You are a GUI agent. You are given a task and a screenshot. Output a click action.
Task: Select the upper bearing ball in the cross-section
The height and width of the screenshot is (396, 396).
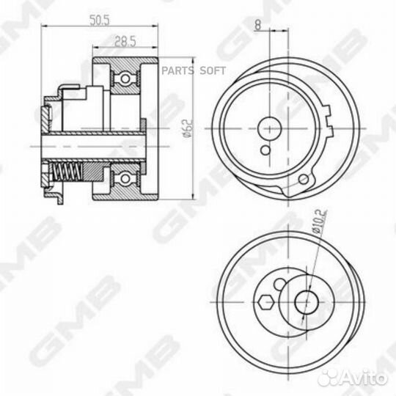click(x=125, y=77)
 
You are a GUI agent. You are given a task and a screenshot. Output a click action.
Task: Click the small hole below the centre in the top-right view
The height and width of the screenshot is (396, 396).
click(x=264, y=149)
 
